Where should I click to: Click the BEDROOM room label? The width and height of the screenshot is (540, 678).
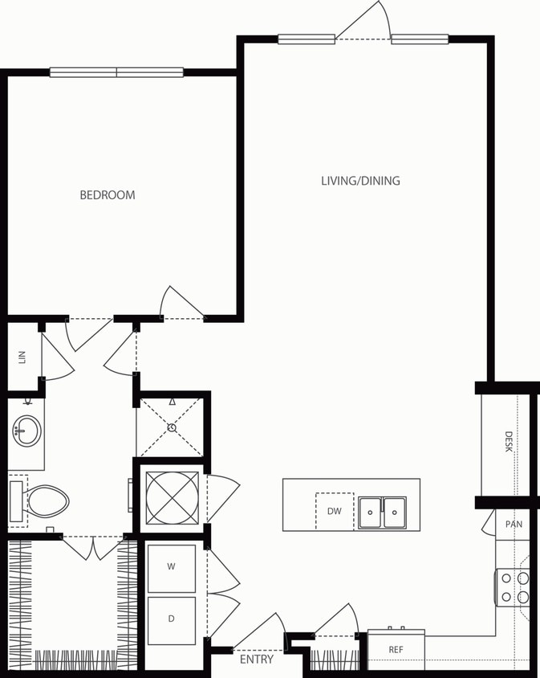pos(108,194)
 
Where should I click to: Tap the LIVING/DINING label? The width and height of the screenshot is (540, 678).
pos(360,181)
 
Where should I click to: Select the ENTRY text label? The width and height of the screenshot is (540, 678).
pos(257,660)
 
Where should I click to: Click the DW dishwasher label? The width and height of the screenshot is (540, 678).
pos(335,511)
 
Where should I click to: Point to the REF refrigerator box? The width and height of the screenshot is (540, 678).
pos(396,649)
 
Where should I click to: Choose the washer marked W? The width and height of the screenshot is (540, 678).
pos(171,567)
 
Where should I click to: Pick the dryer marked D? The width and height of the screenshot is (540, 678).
pos(171,619)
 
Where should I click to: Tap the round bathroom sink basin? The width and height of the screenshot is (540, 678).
pos(26,431)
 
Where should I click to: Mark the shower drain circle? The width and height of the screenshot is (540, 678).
pos(173,427)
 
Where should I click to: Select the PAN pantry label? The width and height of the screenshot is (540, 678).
pos(514,525)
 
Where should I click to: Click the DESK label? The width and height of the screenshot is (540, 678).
pos(509,442)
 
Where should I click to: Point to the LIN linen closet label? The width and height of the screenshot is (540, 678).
pos(22,357)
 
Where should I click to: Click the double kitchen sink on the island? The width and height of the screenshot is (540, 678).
pos(382,513)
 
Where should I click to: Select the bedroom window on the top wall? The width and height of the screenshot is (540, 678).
pos(116,72)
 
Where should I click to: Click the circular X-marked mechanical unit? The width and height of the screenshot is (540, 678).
pos(172,498)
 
